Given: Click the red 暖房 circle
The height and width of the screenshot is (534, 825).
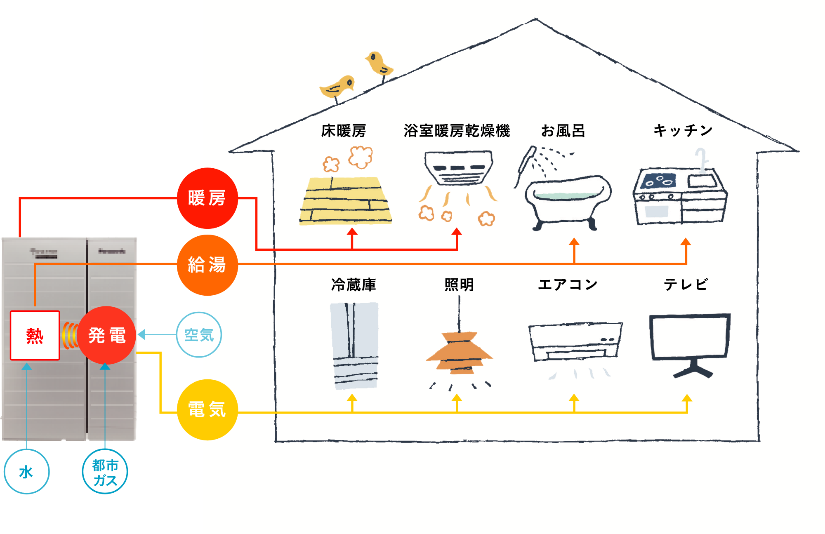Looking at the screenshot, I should coord(207,198).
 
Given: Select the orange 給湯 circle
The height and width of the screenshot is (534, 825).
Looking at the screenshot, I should coord(207,265).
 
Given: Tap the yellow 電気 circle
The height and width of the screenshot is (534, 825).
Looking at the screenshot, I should coord(207,410).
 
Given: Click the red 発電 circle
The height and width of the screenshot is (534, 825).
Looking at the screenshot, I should coord(106,335).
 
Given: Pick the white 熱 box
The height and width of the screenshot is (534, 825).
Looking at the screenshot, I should coord(35,335).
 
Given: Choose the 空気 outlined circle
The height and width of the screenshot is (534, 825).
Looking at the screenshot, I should coord(199,334).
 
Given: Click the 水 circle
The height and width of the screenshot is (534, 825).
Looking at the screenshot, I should coord(26,472).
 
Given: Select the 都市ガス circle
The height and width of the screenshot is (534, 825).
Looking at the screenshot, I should coord(105,472).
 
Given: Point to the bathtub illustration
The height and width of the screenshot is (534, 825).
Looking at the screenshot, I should coord(568,198).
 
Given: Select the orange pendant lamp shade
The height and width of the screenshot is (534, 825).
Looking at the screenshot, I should coord(459,353).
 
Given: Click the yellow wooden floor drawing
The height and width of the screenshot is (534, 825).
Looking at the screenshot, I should coord(346,200).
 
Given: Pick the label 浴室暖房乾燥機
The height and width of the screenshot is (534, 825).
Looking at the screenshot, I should coord(457,131).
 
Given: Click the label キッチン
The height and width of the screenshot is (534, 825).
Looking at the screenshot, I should coord(683,130).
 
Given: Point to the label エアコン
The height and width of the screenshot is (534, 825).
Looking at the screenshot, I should coord(568,285).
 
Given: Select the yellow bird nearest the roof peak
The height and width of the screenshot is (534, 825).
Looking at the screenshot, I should coord(379,63).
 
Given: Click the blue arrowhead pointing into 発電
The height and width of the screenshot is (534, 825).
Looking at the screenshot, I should coord(141,334).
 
